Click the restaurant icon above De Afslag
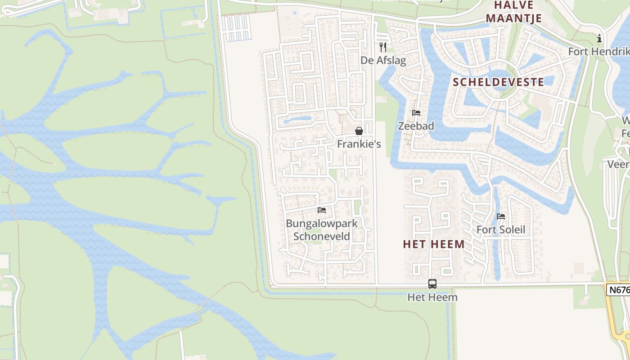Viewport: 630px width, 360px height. point(383,47)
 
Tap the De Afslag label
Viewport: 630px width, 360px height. point(383,60)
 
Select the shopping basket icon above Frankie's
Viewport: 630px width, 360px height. point(359,131)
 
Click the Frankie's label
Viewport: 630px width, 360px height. point(359,144)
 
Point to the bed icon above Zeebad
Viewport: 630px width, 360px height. point(416,113)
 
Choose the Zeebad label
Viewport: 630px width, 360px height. point(416,126)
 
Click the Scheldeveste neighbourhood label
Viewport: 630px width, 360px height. point(498,82)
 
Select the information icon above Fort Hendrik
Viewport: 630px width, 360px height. point(599,39)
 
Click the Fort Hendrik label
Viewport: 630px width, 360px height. point(598,51)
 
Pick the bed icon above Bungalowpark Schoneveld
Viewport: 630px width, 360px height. point(322,210)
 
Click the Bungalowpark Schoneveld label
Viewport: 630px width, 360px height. point(322,229)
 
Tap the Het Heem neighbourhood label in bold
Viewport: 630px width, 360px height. point(434,244)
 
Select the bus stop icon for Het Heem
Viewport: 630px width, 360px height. point(432,284)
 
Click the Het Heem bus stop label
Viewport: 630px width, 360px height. point(432,297)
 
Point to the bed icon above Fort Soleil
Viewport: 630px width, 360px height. point(501,216)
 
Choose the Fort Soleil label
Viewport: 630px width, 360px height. point(501,230)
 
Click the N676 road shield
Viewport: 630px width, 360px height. point(619,290)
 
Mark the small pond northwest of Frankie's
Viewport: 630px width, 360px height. point(297,120)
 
